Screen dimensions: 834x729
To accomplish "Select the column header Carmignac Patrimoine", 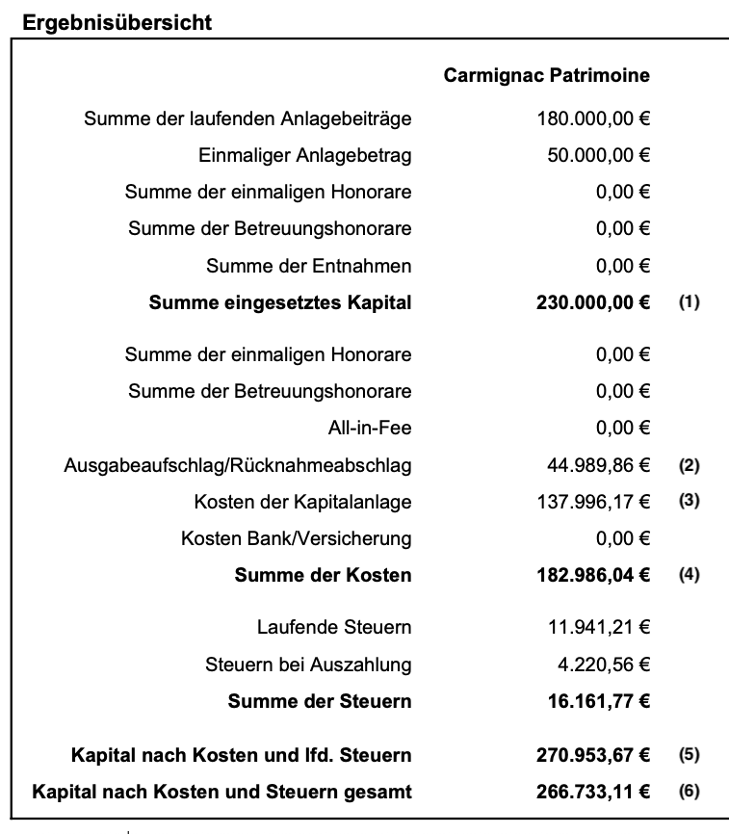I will click(x=546, y=75).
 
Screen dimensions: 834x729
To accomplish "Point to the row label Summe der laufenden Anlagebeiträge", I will click(x=247, y=119).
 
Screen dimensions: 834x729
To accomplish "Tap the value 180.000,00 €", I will click(x=593, y=119).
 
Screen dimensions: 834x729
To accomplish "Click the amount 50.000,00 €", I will click(x=599, y=156).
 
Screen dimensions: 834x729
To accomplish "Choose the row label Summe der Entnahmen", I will click(x=308, y=266).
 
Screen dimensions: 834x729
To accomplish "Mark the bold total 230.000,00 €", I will click(x=592, y=302).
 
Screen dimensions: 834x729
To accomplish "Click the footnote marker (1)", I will click(x=689, y=302).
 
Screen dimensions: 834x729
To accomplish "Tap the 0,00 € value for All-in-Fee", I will click(x=623, y=429).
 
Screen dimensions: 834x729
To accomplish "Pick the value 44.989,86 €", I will click(x=599, y=465).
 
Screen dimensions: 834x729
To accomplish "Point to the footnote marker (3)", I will click(x=689, y=502).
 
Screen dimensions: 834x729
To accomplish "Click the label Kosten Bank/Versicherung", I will click(x=296, y=538).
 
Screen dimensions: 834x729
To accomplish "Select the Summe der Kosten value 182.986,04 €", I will click(x=592, y=576).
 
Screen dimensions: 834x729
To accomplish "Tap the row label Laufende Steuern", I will click(x=334, y=628).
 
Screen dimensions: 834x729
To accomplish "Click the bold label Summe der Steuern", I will click(x=320, y=701).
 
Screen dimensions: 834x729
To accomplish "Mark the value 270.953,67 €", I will click(x=592, y=754).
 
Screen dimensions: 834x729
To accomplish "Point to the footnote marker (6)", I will click(x=689, y=792).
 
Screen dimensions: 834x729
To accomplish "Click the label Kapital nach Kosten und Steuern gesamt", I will click(x=222, y=792).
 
